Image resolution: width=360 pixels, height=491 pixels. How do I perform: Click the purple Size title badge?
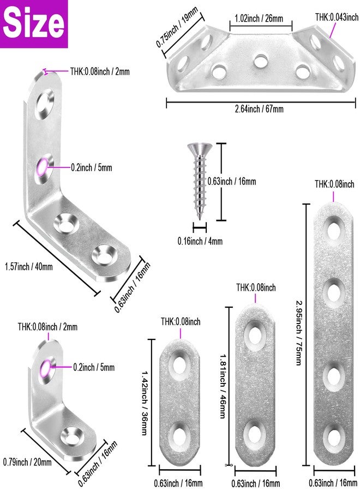(34, 24)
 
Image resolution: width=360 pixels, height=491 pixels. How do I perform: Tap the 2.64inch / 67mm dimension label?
(259, 109)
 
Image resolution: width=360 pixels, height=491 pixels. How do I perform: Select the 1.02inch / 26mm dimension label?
(259, 18)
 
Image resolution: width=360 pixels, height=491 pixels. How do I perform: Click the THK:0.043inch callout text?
(337, 17)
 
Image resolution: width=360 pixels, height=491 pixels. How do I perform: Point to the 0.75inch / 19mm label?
(177, 27)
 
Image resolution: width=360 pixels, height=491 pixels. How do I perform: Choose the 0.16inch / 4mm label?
(200, 241)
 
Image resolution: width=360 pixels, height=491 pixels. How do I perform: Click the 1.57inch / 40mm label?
(29, 267)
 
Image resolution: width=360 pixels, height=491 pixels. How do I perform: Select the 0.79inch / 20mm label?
(27, 462)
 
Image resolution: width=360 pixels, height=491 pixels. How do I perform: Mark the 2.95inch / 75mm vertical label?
(299, 333)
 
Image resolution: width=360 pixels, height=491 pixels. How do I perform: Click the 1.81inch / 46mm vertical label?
(223, 386)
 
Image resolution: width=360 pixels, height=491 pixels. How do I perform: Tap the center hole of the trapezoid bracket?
(261, 61)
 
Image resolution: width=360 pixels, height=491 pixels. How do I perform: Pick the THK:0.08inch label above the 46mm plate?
(256, 288)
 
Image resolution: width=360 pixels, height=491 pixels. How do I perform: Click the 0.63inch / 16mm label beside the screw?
(232, 181)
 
